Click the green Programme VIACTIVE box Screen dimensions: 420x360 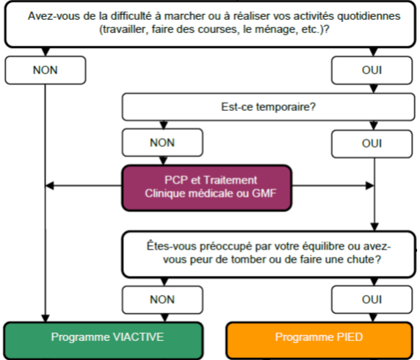click(104, 340)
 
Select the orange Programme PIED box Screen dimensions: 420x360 click(319, 340)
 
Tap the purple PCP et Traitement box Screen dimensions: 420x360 click(206, 188)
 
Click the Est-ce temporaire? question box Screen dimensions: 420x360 click(269, 107)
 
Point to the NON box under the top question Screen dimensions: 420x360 click(46, 71)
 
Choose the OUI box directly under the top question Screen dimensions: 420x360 click(372, 71)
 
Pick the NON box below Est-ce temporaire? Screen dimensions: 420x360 click(162, 143)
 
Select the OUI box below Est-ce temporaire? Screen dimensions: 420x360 click(372, 144)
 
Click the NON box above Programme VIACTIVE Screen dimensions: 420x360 click(162, 300)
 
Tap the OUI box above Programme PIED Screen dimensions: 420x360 click(372, 300)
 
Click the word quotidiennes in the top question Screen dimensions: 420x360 click(369, 16)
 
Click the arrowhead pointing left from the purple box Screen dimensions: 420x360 click(50, 185)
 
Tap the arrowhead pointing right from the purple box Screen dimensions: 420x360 click(370, 185)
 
